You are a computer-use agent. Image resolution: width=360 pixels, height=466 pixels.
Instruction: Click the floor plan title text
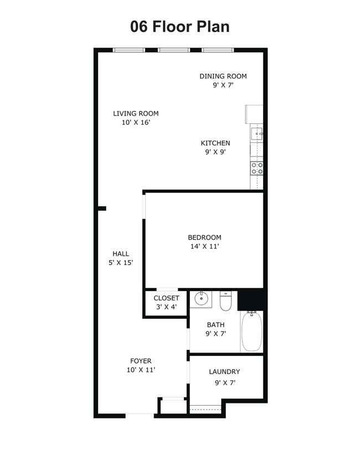point(179,27)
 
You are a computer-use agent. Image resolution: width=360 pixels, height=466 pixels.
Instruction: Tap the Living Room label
point(136,113)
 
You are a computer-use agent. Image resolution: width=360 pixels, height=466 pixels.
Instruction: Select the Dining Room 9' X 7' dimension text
point(223,85)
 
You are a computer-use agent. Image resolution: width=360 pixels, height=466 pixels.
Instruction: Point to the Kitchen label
point(215,143)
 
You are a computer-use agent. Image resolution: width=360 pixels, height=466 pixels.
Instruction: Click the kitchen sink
point(256,134)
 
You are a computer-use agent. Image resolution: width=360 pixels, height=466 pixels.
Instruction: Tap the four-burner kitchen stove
point(257,168)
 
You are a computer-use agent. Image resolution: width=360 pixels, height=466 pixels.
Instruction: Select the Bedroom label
point(205,237)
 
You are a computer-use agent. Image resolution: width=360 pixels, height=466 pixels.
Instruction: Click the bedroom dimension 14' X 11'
point(205,246)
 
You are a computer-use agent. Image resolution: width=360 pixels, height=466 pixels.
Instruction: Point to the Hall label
point(121,253)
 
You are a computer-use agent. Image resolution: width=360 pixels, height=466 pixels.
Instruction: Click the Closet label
point(166,298)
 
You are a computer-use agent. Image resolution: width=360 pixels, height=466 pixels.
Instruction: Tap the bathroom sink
point(201,299)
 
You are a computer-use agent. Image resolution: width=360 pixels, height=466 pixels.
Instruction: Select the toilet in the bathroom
point(225,301)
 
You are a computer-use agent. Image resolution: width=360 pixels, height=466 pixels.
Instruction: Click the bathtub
point(251,331)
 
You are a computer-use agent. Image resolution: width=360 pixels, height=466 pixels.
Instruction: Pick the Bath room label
point(215,324)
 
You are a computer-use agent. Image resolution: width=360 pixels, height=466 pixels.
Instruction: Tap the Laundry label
point(224,371)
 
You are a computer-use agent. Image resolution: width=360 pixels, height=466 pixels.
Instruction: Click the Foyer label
point(141,361)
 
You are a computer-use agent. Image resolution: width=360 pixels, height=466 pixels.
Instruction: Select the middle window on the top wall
point(173,50)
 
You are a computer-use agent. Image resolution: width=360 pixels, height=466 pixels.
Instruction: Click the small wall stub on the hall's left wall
point(102,209)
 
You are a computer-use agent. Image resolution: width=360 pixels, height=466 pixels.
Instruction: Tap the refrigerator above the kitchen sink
point(254,114)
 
